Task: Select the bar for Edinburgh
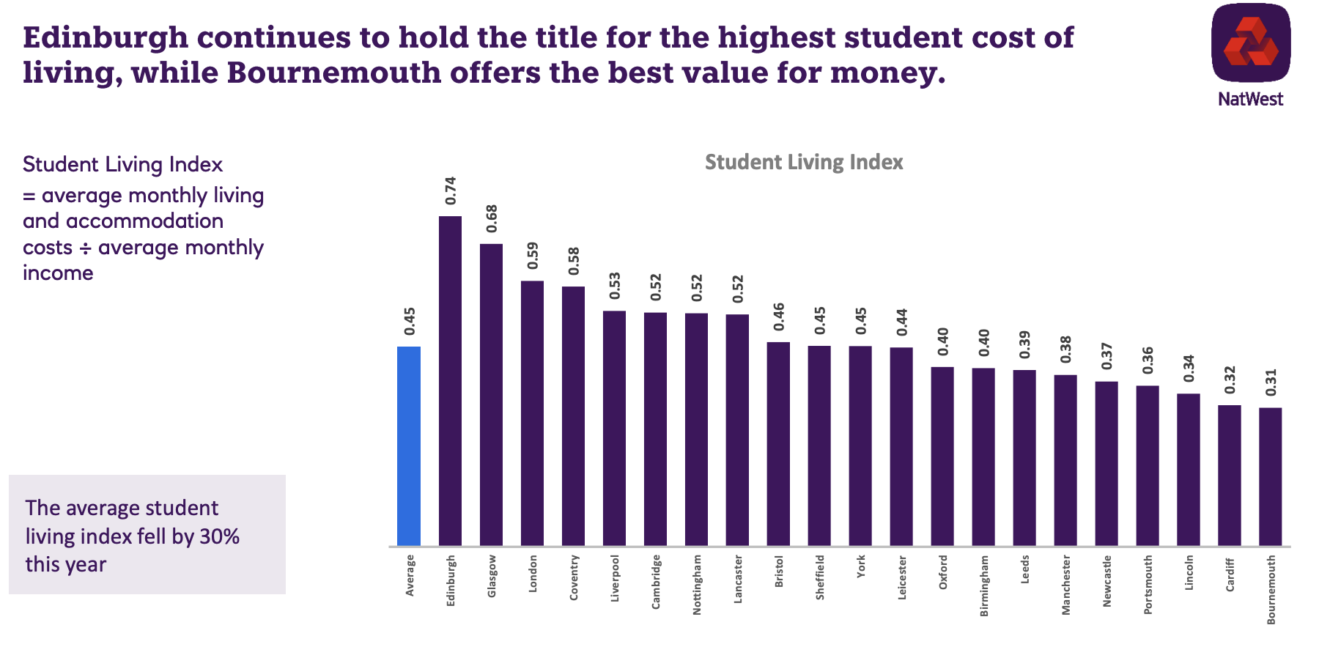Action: [450, 381]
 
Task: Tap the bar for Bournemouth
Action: [1271, 476]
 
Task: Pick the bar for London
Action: [532, 413]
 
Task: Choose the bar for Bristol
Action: [778, 444]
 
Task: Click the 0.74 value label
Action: [451, 191]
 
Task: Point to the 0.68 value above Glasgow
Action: [492, 218]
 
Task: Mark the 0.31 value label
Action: [1271, 382]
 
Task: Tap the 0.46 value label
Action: [778, 317]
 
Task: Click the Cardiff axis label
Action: [1230, 575]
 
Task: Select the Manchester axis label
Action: [1065, 585]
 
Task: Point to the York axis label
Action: [860, 566]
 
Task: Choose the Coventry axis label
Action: [573, 578]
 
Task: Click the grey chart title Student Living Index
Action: [804, 162]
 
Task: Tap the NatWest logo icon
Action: [1251, 42]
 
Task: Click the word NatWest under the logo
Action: [1251, 99]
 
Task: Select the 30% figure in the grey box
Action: [219, 536]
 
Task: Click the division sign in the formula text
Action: [85, 248]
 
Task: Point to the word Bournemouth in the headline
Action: [333, 73]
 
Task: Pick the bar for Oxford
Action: [942, 456]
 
